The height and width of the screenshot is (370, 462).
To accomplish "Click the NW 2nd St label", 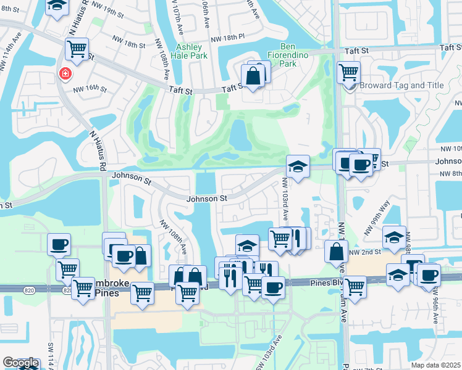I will (x=363, y=252).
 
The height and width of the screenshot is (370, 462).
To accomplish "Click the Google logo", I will (x=20, y=363).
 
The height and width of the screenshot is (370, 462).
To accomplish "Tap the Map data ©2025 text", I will (x=435, y=365).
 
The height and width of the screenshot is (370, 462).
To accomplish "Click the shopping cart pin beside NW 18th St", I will (x=77, y=48).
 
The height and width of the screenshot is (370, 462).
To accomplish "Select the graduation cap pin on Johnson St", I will (x=298, y=166).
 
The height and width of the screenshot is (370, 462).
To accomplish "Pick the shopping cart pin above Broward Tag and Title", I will (x=348, y=72).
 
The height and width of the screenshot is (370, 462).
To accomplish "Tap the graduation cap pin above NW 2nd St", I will (x=394, y=236).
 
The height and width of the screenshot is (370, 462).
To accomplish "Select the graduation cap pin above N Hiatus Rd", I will (x=57, y=6).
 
